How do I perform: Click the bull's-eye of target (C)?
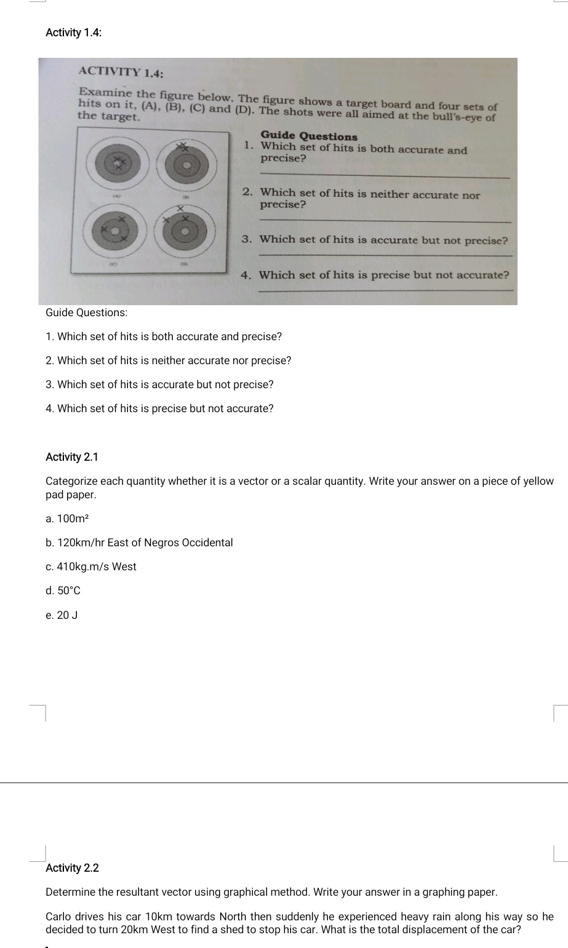(x=114, y=229)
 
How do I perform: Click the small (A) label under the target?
(x=114, y=194)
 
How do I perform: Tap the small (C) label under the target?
(x=113, y=262)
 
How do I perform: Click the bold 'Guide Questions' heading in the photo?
(x=308, y=136)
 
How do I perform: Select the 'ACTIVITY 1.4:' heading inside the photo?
(x=121, y=72)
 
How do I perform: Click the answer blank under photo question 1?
(x=385, y=177)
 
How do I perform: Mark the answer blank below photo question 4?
(x=385, y=290)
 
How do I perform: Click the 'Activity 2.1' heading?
(x=72, y=457)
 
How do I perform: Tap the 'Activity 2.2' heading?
(x=72, y=868)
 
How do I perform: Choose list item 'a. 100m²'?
(x=68, y=519)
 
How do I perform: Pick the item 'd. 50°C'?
(x=63, y=591)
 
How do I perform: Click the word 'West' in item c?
(x=124, y=567)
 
